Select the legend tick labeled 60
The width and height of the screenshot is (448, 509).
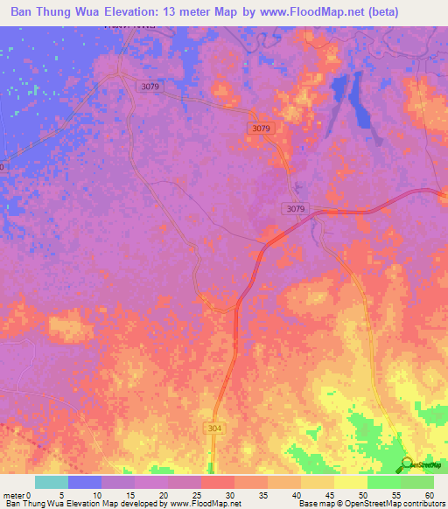429,494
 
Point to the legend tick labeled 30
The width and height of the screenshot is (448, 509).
230,494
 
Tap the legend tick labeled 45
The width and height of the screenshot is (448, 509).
330,494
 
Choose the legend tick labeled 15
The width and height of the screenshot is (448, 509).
129,494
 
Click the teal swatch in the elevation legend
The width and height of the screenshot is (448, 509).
52,482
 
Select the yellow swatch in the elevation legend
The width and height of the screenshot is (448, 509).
351,482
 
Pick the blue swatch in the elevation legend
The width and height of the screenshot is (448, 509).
85,482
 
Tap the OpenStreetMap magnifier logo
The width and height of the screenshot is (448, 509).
409,464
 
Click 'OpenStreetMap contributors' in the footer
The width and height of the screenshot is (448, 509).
395,504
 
